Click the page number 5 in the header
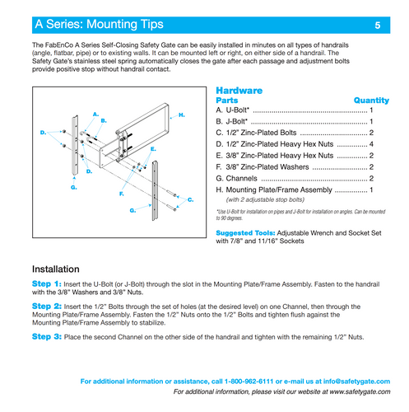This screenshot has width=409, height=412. (x=378, y=26)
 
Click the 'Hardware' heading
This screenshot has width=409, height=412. (x=239, y=91)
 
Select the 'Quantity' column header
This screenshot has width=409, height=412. (x=371, y=101)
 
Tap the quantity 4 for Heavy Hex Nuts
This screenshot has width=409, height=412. (x=371, y=144)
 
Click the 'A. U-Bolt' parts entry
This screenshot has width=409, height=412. (x=232, y=110)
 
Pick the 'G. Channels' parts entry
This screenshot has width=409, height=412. (x=236, y=179)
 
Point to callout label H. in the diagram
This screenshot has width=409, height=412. (x=182, y=115)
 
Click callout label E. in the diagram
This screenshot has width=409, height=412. (x=153, y=149)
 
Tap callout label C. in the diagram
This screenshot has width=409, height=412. (x=190, y=199)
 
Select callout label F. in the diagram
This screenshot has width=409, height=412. (x=122, y=194)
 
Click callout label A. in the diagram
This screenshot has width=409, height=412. (x=95, y=115)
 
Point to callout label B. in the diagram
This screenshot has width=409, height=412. (x=104, y=121)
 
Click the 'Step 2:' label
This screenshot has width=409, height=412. (x=47, y=307)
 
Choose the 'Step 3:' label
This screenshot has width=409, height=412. (x=47, y=336)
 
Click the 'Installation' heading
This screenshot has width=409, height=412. (x=56, y=269)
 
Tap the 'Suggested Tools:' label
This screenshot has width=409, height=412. (x=245, y=233)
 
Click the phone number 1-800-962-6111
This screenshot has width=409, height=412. (x=249, y=382)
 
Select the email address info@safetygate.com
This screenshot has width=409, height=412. (x=356, y=382)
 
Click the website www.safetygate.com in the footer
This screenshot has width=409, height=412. (x=360, y=391)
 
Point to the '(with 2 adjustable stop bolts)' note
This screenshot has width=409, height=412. (x=265, y=199)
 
